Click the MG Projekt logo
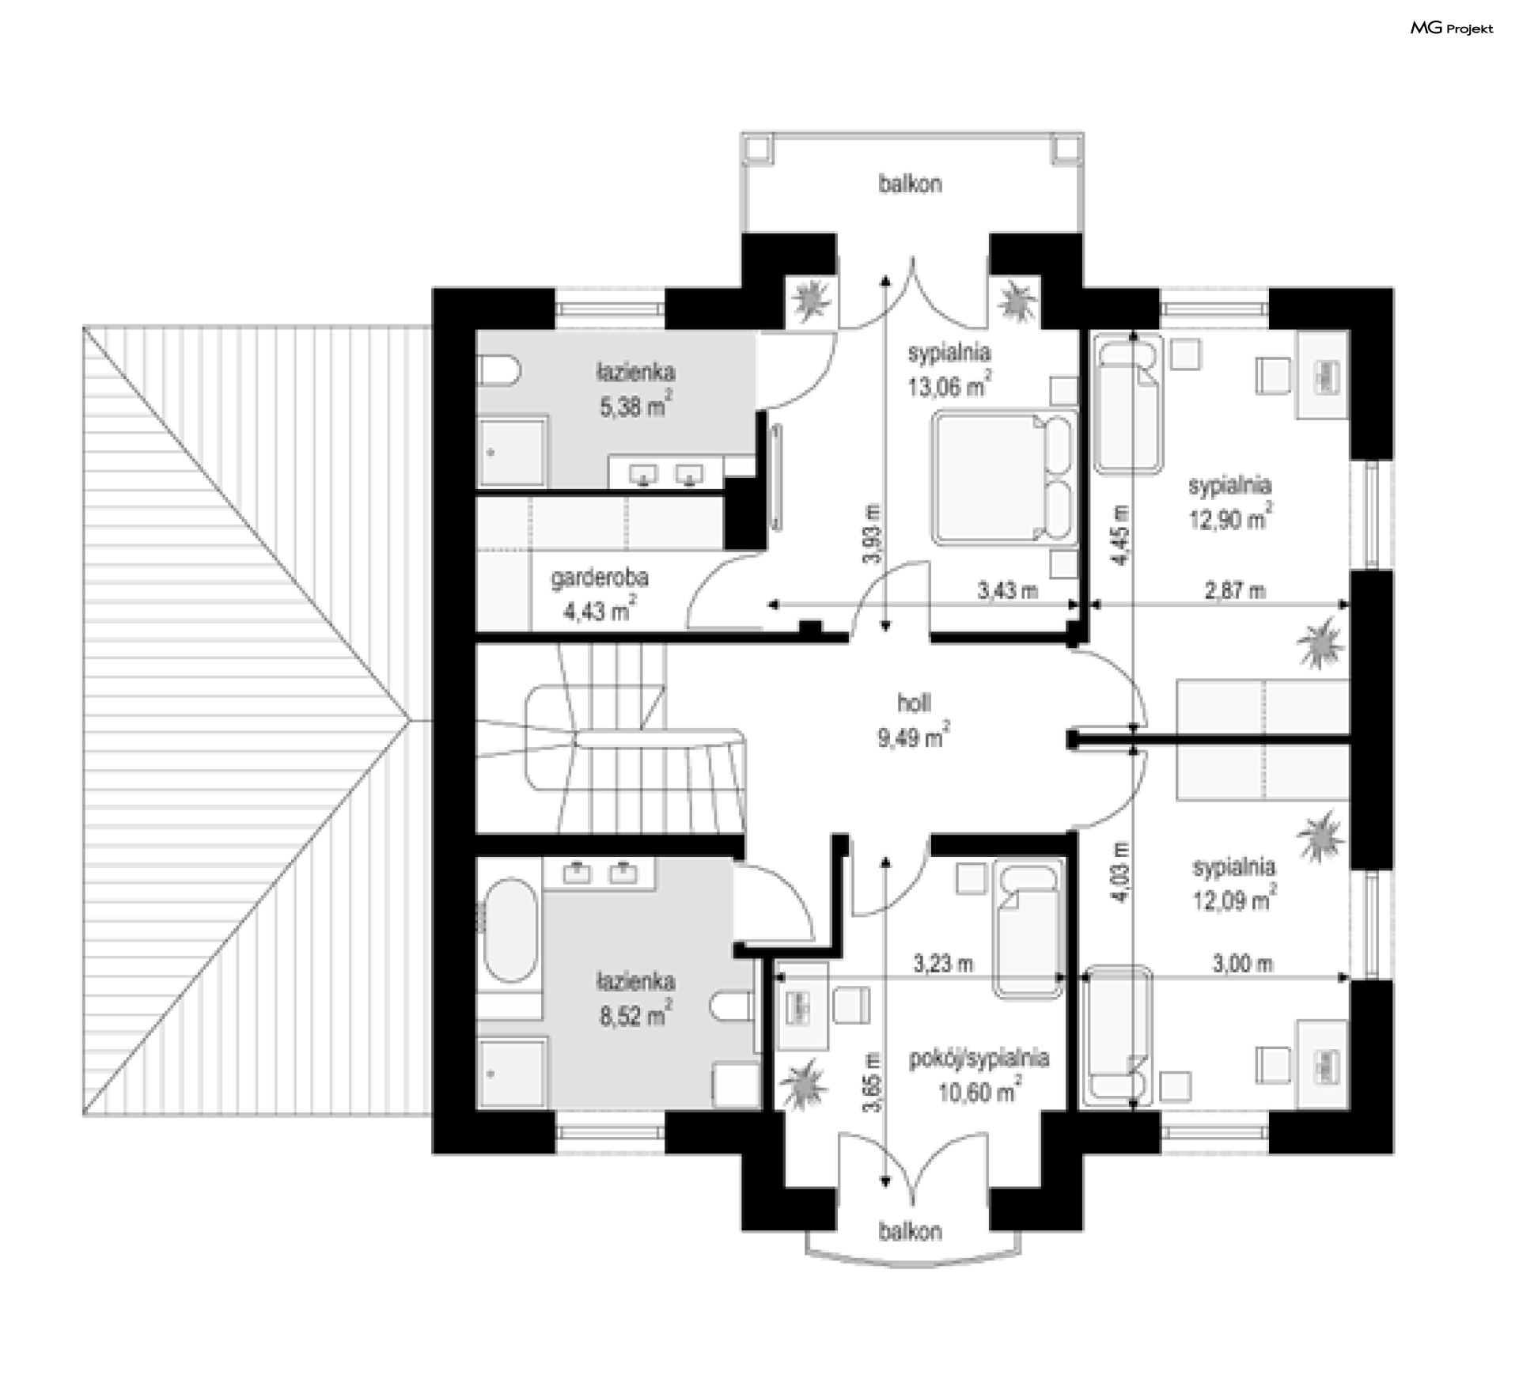(x=1452, y=28)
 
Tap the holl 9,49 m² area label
(x=914, y=720)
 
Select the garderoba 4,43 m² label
(x=600, y=594)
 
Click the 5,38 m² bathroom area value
(x=636, y=406)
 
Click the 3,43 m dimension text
(x=1008, y=589)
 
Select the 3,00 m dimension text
(x=1243, y=963)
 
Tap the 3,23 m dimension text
(x=943, y=963)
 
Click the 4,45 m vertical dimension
(x=1121, y=536)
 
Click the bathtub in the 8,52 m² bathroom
(x=510, y=930)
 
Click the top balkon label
(x=910, y=184)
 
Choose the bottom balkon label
(x=910, y=1231)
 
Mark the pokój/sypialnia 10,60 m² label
(x=979, y=1076)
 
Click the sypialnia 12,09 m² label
(x=1234, y=884)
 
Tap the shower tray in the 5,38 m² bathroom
(x=512, y=453)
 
